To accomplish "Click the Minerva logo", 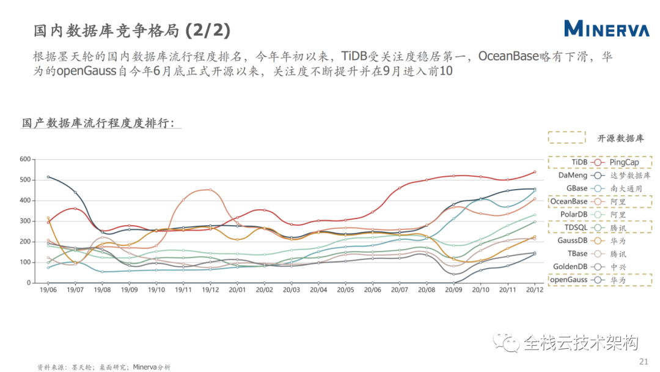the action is tap(607, 29).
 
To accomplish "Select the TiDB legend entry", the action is tap(579, 162).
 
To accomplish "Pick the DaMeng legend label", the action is tap(573, 175).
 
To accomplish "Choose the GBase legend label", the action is tap(577, 188).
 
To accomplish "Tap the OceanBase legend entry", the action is tap(569, 201).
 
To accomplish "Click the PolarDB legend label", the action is tap(574, 214).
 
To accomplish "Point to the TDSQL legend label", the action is tap(576, 228).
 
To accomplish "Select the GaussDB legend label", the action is tap(573, 240).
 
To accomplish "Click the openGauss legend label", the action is tap(569, 280).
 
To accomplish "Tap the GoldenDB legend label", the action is tap(570, 267).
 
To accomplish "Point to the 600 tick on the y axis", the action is tap(25, 159).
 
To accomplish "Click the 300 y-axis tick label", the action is tap(25, 221).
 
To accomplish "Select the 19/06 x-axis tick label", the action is tap(48, 290).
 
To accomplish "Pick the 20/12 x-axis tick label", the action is tap(535, 290).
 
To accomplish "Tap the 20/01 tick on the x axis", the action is tap(237, 290).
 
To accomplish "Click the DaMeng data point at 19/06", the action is tap(48, 177).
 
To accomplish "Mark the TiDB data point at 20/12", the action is tap(535, 172).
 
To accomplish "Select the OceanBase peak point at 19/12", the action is tap(210, 190).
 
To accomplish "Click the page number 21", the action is tap(643, 362).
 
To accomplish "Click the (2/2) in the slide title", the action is tap(208, 31).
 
